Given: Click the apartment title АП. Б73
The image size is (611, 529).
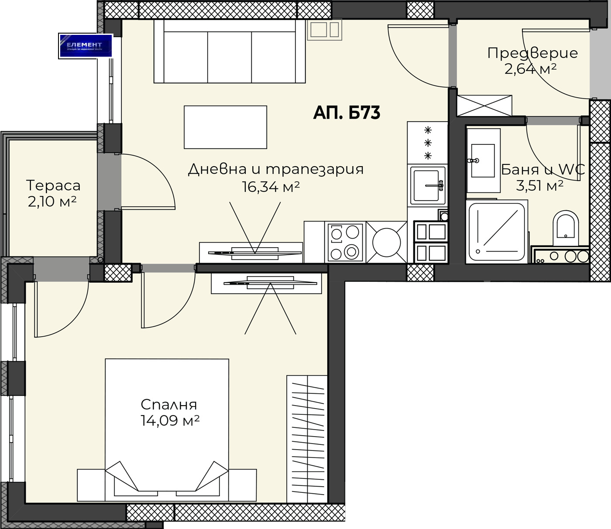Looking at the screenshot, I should tap(347, 113).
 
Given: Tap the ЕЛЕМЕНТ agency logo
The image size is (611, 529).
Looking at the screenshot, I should tap(86, 46).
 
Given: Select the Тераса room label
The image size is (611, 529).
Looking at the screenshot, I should tap(53, 186).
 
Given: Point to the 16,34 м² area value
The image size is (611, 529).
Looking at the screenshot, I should tap(271, 187).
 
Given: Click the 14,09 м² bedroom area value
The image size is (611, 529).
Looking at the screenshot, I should tap(170, 421).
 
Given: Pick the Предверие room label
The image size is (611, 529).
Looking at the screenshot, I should tap(532, 53).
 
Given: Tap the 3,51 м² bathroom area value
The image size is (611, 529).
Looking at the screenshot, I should tap(539, 186).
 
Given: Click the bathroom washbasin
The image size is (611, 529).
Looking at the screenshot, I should tap(482, 160).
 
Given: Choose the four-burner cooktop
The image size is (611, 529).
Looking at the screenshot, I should tap(345, 242).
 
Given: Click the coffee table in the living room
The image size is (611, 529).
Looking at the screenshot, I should tap(225, 127).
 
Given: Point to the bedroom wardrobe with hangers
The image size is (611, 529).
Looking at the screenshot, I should tap(307, 439).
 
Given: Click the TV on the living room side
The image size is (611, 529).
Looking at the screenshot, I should tap(255, 252).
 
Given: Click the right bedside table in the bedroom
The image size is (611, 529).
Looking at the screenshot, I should tap(243, 485).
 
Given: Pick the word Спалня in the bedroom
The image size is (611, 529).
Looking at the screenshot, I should tap(169, 405).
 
